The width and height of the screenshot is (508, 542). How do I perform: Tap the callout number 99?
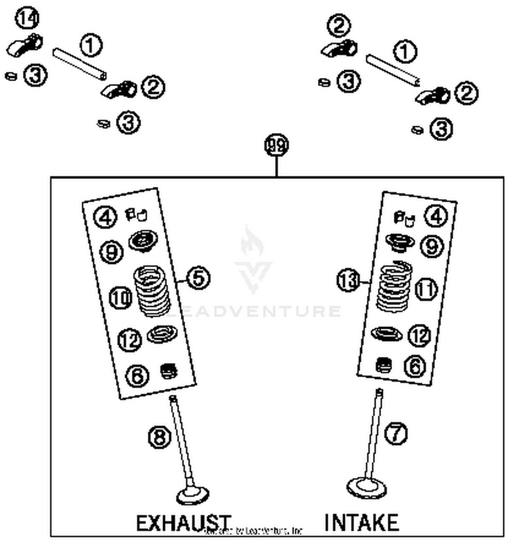[x=276, y=146]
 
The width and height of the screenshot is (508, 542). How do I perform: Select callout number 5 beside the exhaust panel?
[x=198, y=278]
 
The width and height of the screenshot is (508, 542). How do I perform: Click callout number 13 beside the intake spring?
[x=348, y=280]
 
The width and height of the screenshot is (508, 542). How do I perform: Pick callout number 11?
[x=426, y=289]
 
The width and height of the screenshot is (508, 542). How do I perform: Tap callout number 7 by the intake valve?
[x=396, y=433]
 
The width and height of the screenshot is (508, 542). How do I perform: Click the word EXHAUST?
[x=183, y=523]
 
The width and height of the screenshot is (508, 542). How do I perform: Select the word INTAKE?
[x=362, y=522]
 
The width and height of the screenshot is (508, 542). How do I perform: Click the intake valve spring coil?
[x=394, y=286]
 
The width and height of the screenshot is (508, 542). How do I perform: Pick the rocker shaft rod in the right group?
[x=393, y=70]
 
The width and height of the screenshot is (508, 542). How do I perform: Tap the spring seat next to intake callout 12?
[x=387, y=334]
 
